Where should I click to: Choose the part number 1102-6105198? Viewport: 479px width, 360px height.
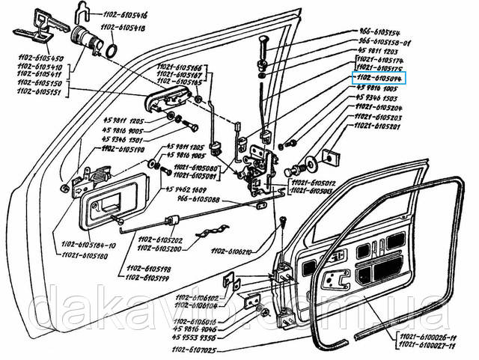click(150, 267)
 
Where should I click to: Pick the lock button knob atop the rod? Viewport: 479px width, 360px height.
click(263, 44)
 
